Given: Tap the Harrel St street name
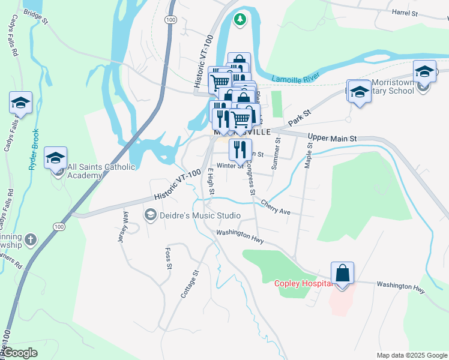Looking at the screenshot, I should pos(404,12).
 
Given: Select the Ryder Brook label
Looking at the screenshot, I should pos(35,149).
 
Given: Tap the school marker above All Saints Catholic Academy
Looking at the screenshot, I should pos(55,158).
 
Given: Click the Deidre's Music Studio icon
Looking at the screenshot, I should pos(149,215).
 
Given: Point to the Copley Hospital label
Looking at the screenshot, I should pos(303,283).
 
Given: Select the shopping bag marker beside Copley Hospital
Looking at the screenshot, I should pos(342,274).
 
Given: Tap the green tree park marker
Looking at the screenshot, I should pos(240,19).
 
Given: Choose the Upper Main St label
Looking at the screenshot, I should pos(332,138).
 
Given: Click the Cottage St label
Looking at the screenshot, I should pos(189,284).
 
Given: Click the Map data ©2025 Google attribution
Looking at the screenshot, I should pos(411,355).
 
